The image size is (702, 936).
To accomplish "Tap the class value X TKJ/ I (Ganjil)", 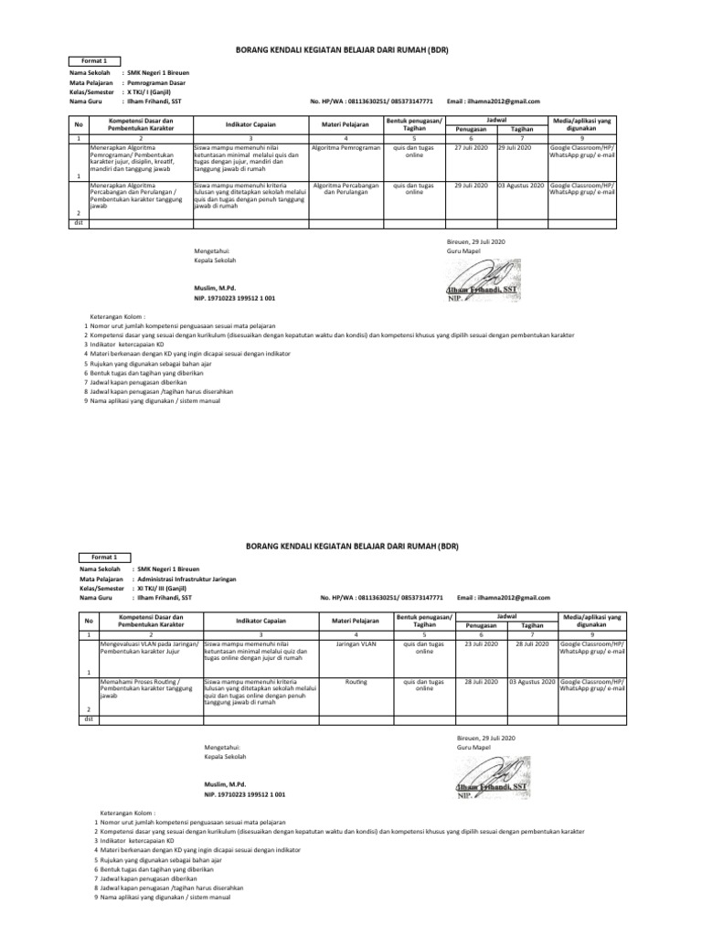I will pyautogui.click(x=154, y=91).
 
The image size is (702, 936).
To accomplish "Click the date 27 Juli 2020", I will pyautogui.click(x=471, y=147).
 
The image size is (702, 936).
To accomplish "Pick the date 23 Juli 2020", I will pyautogui.click(x=480, y=643).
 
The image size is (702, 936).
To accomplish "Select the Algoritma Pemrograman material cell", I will pyautogui.click(x=345, y=147).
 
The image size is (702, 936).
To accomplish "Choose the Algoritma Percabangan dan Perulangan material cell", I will pyautogui.click(x=345, y=189).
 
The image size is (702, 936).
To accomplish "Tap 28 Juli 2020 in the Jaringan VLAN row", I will pyautogui.click(x=530, y=643).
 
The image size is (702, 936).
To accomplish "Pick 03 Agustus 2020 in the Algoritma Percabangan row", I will pyautogui.click(x=521, y=185).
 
